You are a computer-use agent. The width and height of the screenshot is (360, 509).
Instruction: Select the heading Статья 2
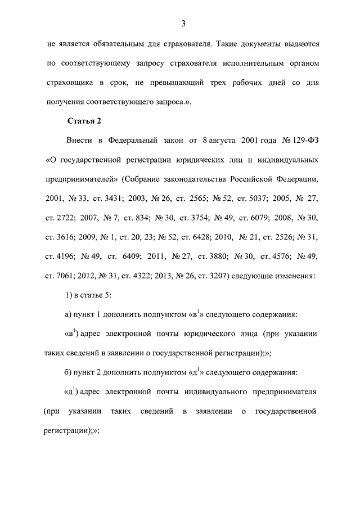(x=84, y=120)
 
